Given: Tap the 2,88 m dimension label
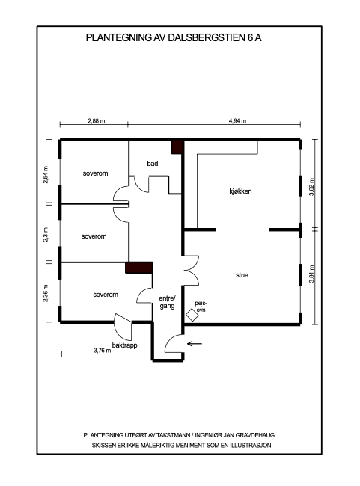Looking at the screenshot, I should (95, 120).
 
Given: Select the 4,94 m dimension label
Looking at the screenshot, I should (238, 120).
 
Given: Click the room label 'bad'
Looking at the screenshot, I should (153, 163).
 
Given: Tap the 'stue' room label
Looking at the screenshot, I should (242, 276).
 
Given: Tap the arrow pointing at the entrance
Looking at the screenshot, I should (195, 344).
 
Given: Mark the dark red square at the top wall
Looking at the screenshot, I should (177, 147).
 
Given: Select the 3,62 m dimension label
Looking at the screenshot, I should (311, 184).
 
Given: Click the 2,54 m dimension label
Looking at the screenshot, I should (46, 174).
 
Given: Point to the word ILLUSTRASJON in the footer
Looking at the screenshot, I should (249, 445).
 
